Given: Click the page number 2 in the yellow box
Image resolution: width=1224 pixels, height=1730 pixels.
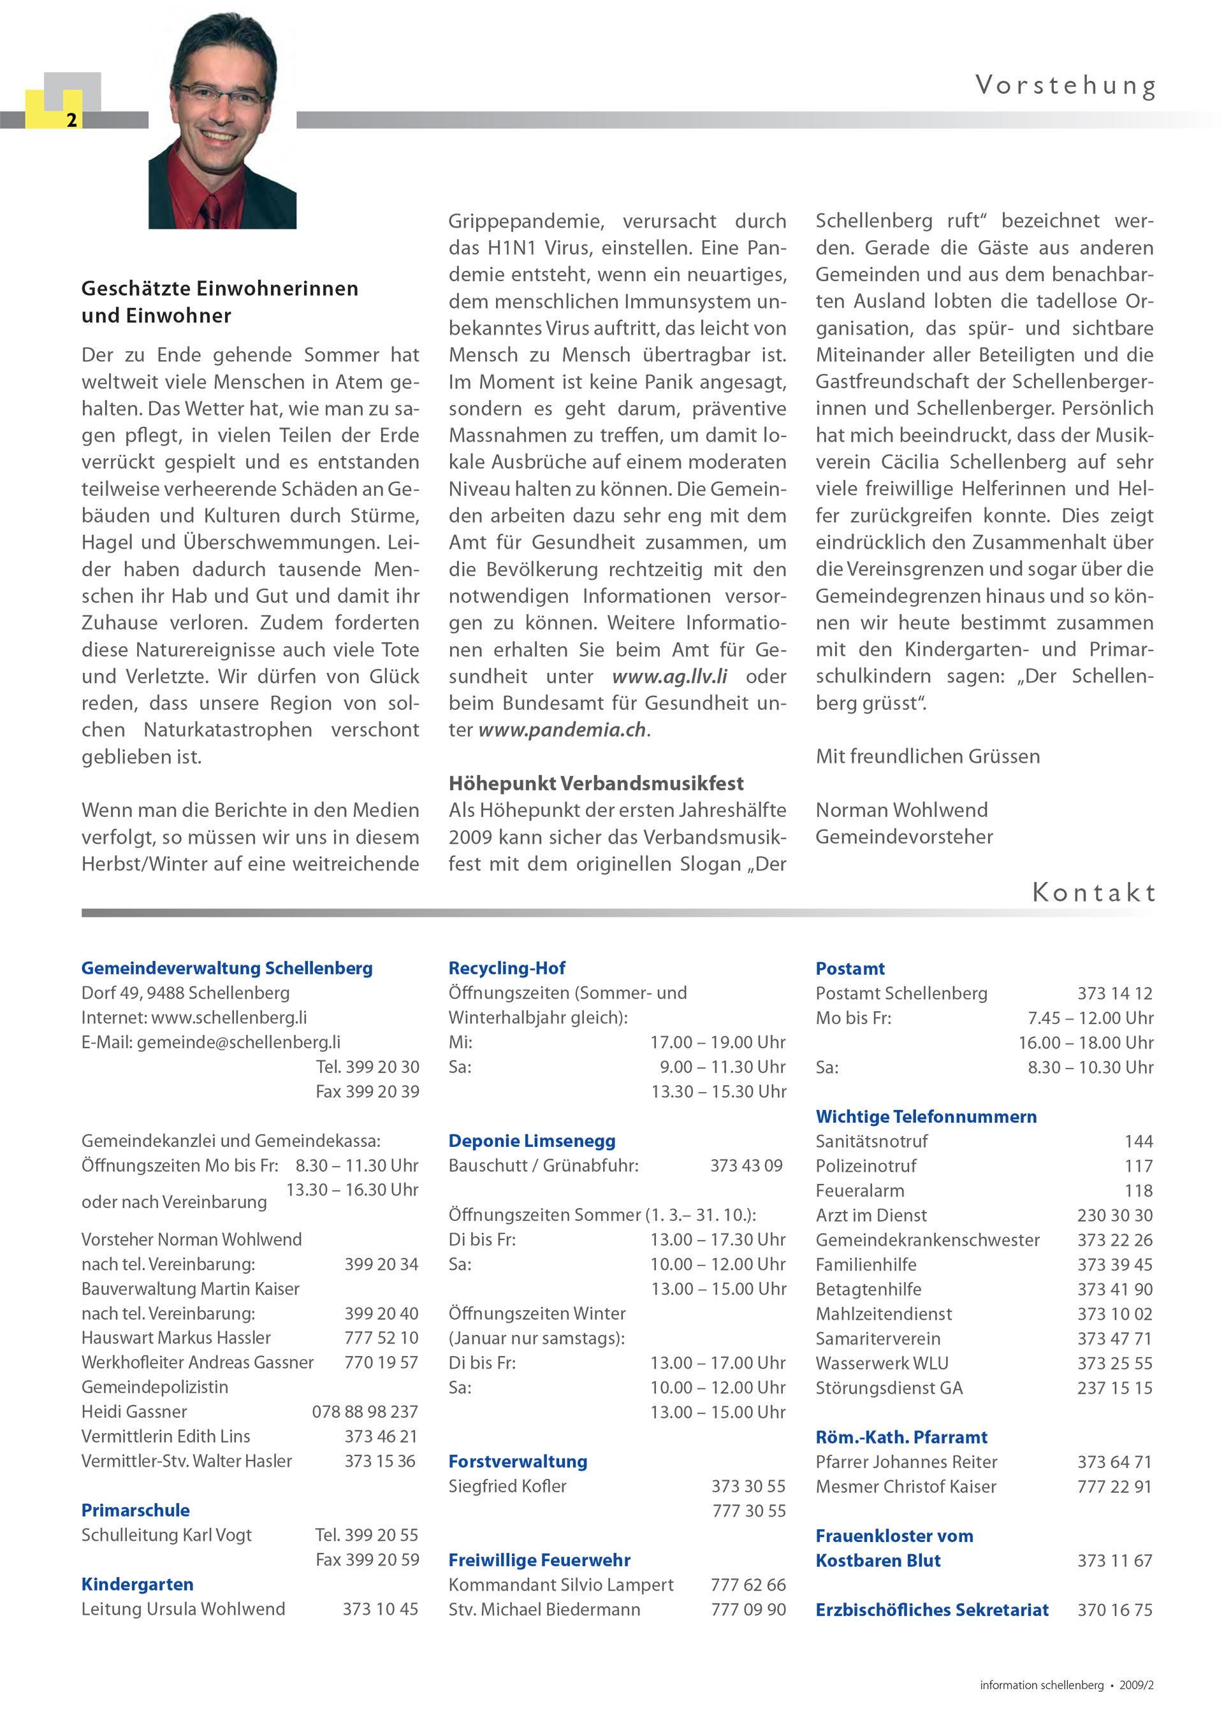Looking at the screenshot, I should tap(71, 120).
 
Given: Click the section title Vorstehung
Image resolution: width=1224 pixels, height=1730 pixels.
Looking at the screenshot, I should tap(1065, 86).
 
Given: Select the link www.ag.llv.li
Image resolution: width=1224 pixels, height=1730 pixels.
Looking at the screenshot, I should tap(669, 677).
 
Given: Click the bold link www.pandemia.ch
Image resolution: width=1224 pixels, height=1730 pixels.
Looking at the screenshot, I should tap(562, 730).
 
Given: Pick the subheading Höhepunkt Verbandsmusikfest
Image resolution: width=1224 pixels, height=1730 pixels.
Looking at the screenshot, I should tap(595, 784).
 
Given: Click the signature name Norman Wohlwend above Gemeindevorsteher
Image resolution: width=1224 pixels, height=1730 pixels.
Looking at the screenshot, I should tap(901, 810).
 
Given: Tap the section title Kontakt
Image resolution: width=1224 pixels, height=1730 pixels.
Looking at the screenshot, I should tap(1093, 893).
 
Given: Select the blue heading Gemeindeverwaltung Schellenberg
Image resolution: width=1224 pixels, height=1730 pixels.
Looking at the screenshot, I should tap(227, 969).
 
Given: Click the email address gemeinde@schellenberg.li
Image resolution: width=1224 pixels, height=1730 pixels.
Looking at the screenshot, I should tap(238, 1042).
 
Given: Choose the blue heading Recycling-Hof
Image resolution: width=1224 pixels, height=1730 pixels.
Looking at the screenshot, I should tap(506, 969).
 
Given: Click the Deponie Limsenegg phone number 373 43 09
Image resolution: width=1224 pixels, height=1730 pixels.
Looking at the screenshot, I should tap(746, 1165).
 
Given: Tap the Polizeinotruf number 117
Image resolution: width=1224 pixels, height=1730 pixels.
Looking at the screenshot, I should tap(1138, 1166).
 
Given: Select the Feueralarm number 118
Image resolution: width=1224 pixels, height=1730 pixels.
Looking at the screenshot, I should tap(1138, 1190).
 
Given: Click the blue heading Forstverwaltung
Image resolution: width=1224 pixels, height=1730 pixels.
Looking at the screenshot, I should tap(518, 1462).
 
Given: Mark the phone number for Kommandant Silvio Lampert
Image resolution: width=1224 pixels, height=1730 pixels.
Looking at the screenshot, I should tap(748, 1585).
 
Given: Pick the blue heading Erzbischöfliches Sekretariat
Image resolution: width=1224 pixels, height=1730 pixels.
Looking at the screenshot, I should tap(931, 1610).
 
